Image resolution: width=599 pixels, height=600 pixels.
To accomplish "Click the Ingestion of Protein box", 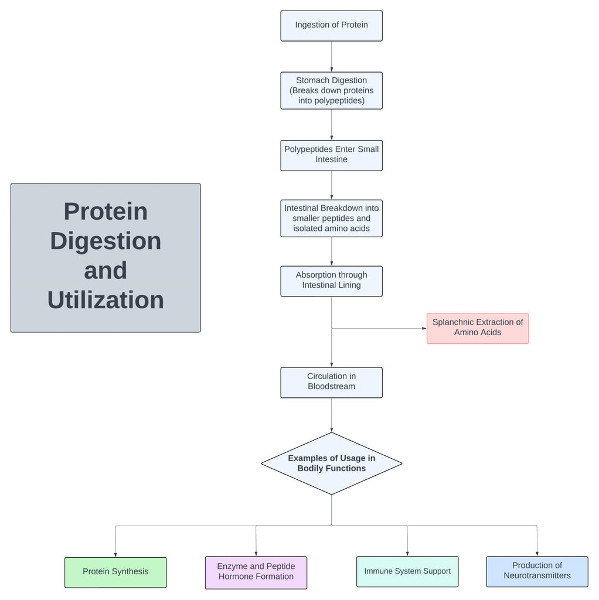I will coord(331,25).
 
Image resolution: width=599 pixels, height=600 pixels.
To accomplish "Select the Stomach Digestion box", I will coord(331,90).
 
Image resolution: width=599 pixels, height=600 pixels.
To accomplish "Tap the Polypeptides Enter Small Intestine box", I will coord(331,154).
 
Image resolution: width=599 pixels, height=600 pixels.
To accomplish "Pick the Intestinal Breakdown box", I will coord(331,218).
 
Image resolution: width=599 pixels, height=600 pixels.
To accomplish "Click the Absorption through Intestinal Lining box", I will coord(331,281).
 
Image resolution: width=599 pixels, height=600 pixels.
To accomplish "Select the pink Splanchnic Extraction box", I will coord(477,328).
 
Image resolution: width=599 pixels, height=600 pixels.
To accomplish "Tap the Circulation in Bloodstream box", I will coord(331,381).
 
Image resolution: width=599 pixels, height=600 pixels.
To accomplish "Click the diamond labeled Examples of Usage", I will coord(331,463).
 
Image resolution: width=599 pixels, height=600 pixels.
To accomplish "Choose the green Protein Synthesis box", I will coord(115,572).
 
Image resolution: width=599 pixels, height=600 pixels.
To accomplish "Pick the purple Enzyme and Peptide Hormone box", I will coord(256,572).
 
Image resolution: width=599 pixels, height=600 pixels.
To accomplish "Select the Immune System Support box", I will coord(407,571).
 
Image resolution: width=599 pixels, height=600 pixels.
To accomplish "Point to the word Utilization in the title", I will coord(105,300).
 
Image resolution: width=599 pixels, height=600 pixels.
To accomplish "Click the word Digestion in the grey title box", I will coord(105,241).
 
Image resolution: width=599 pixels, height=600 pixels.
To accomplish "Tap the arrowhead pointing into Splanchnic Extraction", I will coord(424,328).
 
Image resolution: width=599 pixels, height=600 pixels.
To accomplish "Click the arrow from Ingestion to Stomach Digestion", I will coord(332,56).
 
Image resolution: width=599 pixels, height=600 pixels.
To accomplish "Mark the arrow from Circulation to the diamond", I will coord(332,415).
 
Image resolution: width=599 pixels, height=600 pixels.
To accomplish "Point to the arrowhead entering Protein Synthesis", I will coord(115,554).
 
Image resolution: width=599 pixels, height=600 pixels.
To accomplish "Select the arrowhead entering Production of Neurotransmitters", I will coord(537,553).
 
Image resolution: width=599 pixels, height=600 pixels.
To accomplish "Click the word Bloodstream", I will coord(331,387).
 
